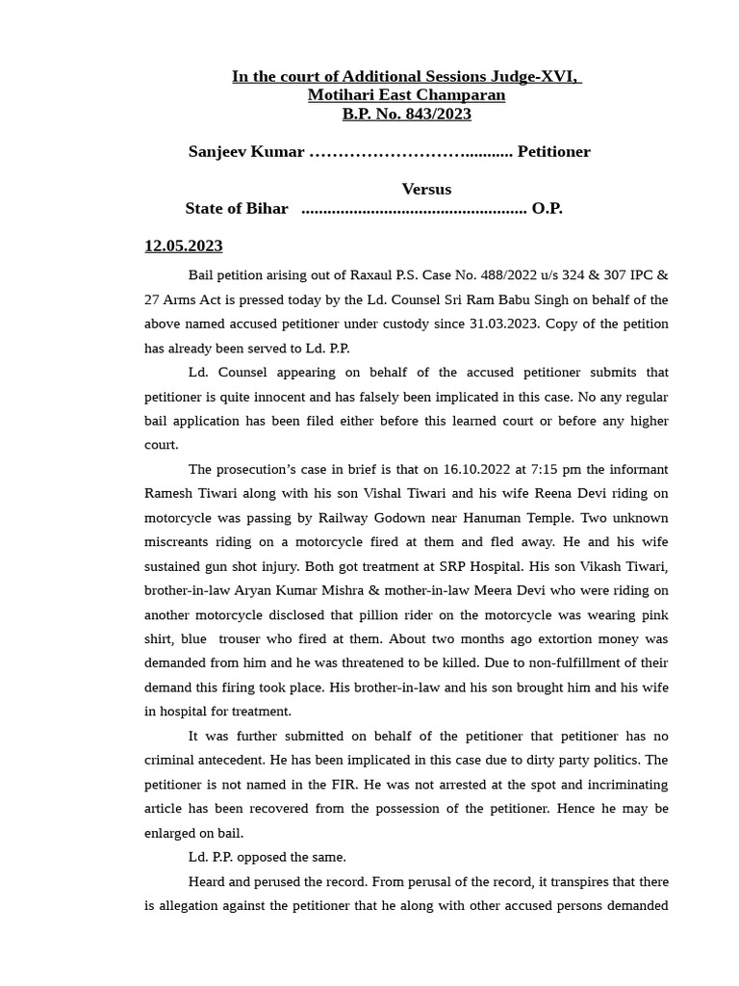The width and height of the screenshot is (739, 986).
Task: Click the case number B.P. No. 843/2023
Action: pyautogui.click(x=406, y=114)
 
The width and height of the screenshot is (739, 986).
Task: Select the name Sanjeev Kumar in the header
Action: pyautogui.click(x=246, y=151)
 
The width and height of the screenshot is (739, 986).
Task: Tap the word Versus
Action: pyautogui.click(x=426, y=189)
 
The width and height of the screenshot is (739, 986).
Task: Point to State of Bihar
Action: pyautogui.click(x=237, y=208)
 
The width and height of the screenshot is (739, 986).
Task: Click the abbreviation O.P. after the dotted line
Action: pyautogui.click(x=547, y=208)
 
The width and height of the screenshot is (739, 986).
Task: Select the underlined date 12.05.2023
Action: pyautogui.click(x=184, y=246)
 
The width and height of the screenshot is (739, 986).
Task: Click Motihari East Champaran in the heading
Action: pyautogui.click(x=406, y=94)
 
